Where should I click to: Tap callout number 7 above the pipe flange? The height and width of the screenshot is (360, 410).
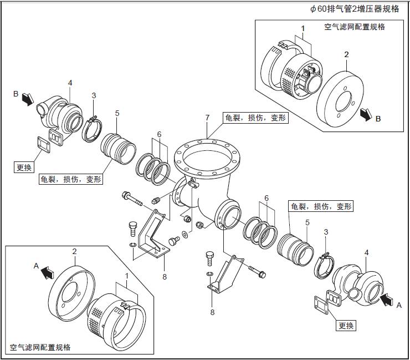207,118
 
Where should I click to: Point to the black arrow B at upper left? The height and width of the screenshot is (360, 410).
25,99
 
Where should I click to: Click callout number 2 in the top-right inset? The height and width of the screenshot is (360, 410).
346,54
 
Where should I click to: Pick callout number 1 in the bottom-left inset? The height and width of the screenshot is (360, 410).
127,275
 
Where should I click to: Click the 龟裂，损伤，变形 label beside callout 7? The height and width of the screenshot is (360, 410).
255,118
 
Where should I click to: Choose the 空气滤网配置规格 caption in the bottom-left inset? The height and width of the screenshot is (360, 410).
40,347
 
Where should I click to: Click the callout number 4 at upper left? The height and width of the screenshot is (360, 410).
70,83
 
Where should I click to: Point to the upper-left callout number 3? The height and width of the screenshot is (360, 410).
94,95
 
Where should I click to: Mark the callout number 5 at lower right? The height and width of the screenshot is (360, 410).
307,222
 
